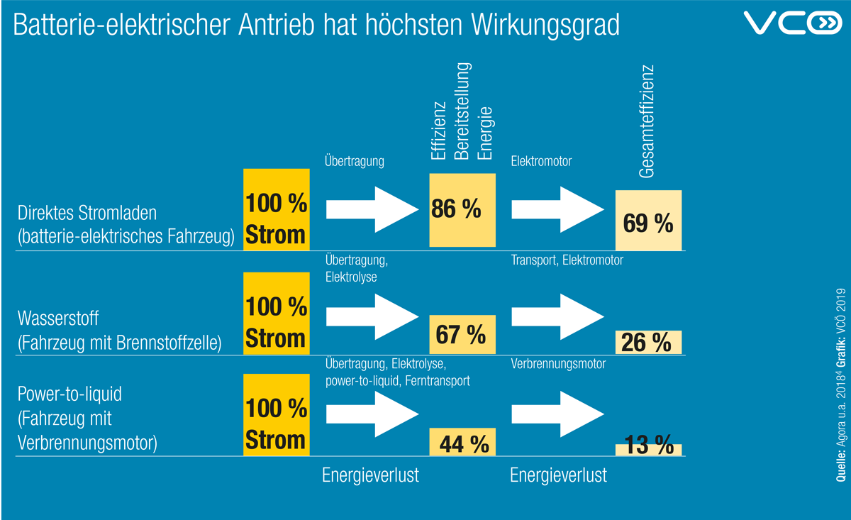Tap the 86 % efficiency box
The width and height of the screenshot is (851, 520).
(x=462, y=209)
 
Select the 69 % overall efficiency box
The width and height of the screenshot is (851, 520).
(x=648, y=221)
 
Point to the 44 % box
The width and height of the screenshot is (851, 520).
(x=462, y=442)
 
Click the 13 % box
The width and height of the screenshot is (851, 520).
(x=648, y=449)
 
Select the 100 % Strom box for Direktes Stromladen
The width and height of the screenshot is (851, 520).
(x=277, y=209)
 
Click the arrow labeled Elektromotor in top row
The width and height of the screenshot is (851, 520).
(x=557, y=209)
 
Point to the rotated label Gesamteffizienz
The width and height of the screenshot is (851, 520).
(x=645, y=122)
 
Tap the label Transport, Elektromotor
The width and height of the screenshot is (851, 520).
(x=567, y=260)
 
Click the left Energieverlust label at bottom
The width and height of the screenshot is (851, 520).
(x=370, y=475)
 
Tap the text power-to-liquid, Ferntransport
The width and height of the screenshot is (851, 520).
(x=397, y=381)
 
